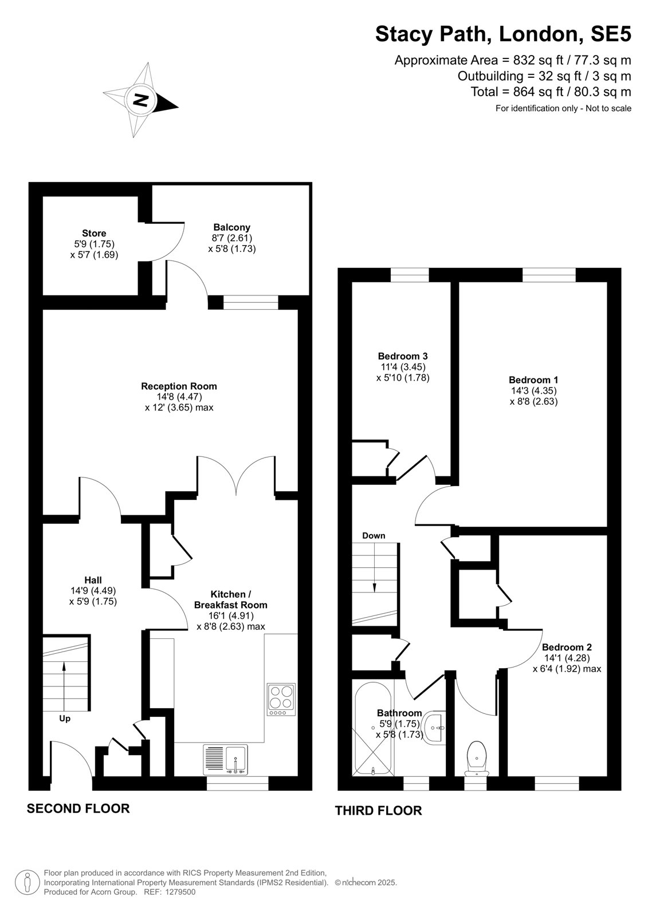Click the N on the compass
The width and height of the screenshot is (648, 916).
(141, 100)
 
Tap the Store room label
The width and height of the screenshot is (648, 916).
(94, 233)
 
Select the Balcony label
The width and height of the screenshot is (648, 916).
(231, 227)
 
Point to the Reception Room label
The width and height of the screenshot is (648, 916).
(179, 386)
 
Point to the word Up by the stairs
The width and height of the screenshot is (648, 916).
(65, 719)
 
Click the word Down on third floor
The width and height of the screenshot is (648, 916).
(374, 536)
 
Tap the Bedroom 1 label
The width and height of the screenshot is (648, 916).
(533, 380)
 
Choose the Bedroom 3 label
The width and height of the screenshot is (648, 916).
(403, 356)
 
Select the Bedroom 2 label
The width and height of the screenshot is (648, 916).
(567, 647)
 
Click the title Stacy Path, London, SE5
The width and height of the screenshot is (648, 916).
(503, 34)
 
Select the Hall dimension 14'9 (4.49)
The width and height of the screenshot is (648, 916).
(93, 590)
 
